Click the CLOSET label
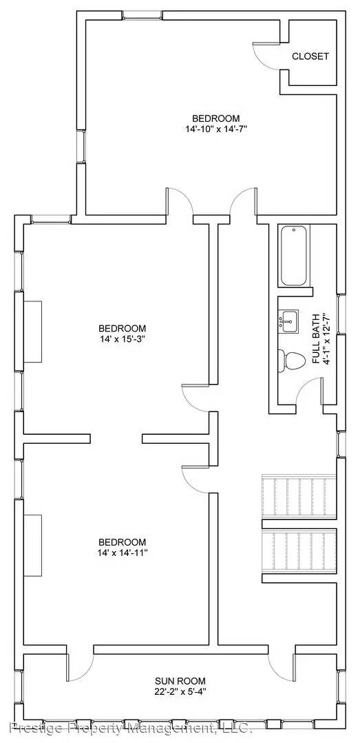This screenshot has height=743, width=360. [x=310, y=56]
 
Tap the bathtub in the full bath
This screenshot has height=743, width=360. [x=295, y=256]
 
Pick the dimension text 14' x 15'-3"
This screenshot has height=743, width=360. [x=122, y=338]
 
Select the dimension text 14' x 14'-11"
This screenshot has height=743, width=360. [x=122, y=552]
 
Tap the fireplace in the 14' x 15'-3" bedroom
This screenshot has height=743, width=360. [x=33, y=331]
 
